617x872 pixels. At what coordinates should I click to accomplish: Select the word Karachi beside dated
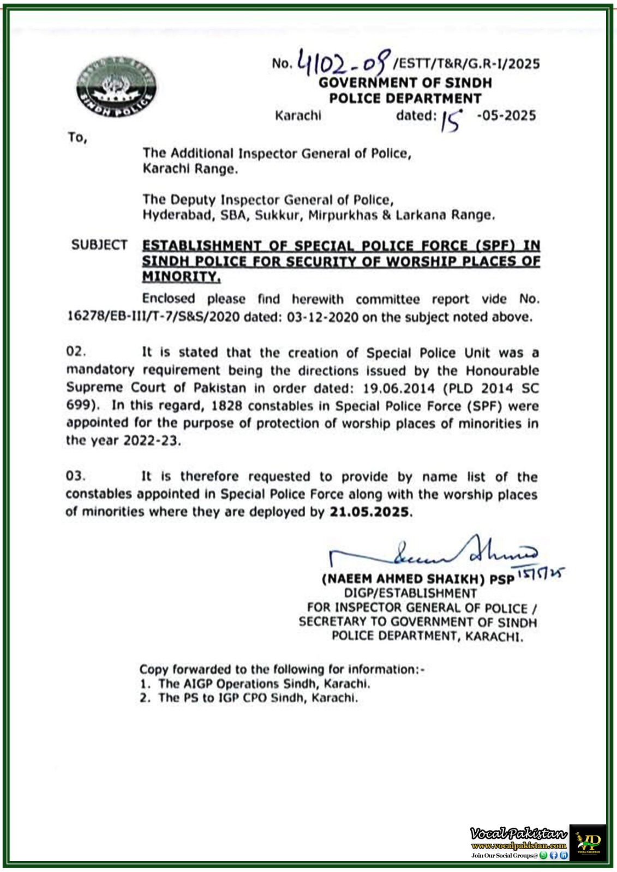click(298, 116)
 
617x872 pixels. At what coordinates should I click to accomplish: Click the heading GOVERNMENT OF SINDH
click(405, 83)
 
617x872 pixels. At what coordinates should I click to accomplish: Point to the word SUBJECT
click(99, 245)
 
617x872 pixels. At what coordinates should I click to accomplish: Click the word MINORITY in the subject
click(181, 277)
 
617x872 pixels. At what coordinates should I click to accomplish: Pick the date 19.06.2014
click(401, 388)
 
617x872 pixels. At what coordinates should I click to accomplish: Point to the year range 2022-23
click(151, 440)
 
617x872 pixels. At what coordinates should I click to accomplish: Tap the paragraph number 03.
click(75, 476)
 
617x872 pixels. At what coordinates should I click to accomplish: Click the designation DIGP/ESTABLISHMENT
click(410, 593)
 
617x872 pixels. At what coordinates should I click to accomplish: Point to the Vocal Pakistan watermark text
click(518, 833)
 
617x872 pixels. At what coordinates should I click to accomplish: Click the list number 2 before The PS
click(144, 698)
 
